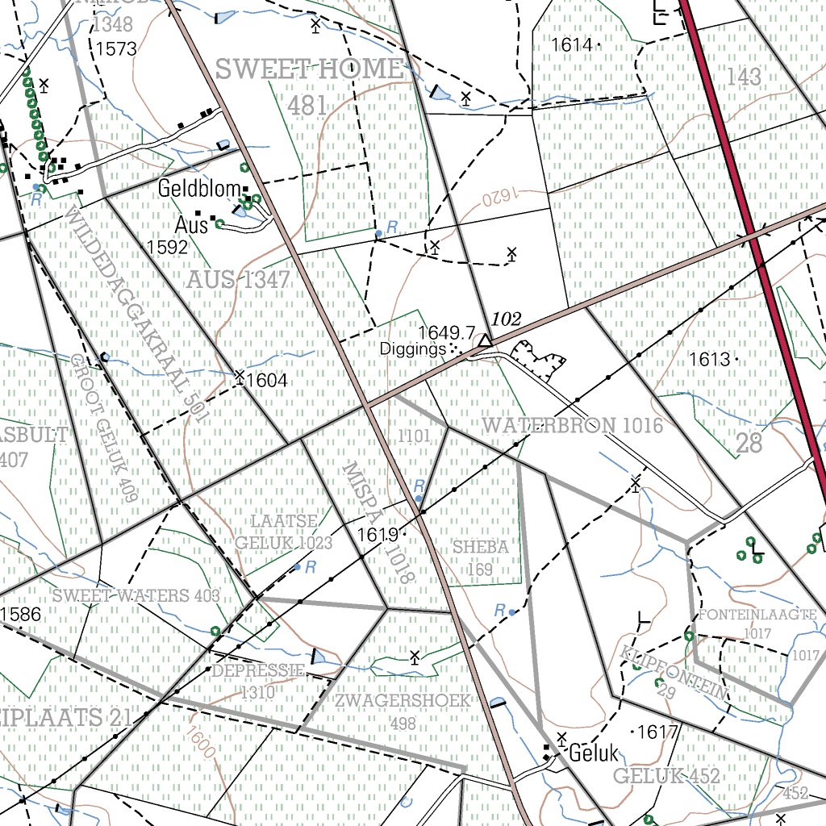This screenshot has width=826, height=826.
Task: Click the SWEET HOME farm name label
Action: (x=308, y=69)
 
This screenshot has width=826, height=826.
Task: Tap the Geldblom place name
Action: (x=200, y=190)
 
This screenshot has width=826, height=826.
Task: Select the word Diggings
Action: (x=414, y=350)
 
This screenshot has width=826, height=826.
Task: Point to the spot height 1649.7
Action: (x=446, y=332)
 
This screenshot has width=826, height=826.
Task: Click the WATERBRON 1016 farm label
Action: (x=572, y=425)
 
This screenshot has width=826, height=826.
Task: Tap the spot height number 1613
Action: (x=709, y=360)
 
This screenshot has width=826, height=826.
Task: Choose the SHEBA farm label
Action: (x=480, y=546)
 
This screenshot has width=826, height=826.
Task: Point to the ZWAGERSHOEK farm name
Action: (x=403, y=700)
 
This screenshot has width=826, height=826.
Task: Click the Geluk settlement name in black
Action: (x=593, y=754)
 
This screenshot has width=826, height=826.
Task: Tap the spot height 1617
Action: (x=657, y=732)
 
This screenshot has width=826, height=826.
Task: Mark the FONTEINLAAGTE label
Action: (x=758, y=615)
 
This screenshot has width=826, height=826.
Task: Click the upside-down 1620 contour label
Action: (x=499, y=196)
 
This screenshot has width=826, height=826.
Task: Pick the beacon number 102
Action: (x=507, y=319)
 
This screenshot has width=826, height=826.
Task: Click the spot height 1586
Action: (x=21, y=615)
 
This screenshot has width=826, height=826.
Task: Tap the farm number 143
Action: (x=743, y=77)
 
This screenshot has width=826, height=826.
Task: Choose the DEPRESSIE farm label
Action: (x=257, y=671)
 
